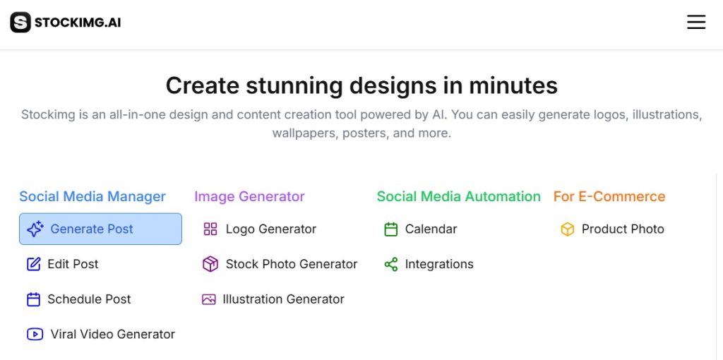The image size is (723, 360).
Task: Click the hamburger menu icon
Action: click(x=695, y=22)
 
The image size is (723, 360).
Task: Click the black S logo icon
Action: click(x=20, y=22)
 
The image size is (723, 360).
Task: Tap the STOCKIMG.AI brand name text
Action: click(x=78, y=23)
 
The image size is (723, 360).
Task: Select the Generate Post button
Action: click(x=100, y=229)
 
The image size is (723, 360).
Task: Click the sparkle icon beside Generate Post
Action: click(x=35, y=229)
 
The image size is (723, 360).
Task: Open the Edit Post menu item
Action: click(x=63, y=264)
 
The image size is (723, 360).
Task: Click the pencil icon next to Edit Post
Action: click(x=34, y=264)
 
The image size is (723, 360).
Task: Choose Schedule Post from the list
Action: click(x=79, y=299)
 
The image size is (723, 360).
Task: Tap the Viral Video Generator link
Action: click(x=101, y=334)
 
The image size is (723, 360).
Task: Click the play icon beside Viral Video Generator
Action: click(x=35, y=334)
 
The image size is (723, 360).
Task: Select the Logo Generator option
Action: click(x=260, y=229)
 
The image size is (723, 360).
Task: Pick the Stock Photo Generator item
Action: click(x=280, y=264)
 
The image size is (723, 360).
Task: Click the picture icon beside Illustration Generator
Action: click(x=209, y=299)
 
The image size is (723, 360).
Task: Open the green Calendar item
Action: click(x=421, y=229)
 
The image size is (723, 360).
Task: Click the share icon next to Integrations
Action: click(x=391, y=264)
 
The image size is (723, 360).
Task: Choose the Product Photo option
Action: click(x=612, y=229)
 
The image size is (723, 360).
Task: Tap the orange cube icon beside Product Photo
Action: click(x=568, y=229)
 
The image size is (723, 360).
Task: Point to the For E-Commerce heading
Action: click(x=609, y=196)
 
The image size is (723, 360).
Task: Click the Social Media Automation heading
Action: click(x=459, y=196)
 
